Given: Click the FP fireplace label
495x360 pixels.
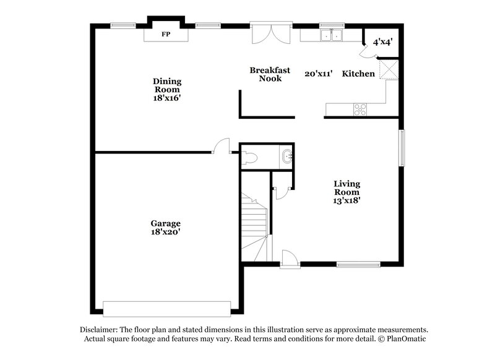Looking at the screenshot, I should pos(165,35).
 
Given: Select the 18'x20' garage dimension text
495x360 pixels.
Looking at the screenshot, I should pos(165,232).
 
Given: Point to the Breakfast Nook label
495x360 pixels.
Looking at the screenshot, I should pos(270,74).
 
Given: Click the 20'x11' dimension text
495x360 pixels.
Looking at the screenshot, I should pos(319,74).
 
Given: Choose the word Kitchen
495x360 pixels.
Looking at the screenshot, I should pos(358,74).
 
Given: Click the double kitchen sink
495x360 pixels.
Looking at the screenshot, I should pos(330,36).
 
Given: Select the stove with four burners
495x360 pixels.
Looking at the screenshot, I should pos(359,109).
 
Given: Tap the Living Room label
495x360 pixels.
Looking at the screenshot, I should pos(347,188).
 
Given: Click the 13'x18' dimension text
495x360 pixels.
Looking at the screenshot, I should pos(347,200).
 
